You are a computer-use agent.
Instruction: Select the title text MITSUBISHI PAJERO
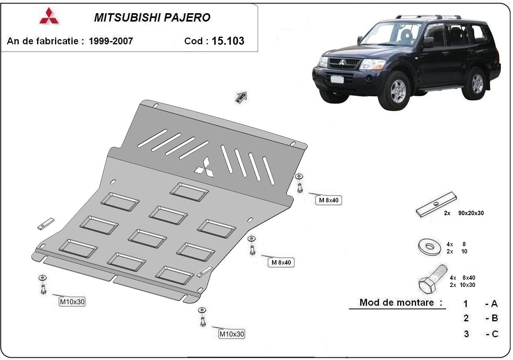[x=152, y=18]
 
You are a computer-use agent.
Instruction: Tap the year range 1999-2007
[x=111, y=41]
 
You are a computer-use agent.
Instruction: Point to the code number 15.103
[x=228, y=41]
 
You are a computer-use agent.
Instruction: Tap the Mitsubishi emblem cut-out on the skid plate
[x=205, y=167]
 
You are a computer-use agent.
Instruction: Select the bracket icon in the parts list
[x=436, y=205]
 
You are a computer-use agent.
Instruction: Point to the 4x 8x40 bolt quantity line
[x=463, y=277]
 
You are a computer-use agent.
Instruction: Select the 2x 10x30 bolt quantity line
[x=463, y=285]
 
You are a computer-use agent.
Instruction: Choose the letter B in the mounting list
[x=494, y=318]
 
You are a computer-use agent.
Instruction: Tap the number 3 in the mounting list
[x=466, y=334]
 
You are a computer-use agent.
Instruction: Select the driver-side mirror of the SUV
[x=428, y=41]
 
